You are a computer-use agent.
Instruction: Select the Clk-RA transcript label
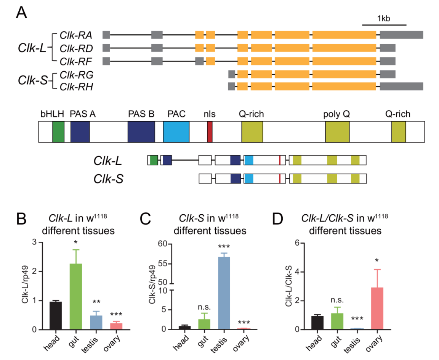(76, 35)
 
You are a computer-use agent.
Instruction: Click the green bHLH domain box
(58, 132)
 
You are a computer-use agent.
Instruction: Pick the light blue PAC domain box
(176, 132)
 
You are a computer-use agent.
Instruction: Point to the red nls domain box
(210, 132)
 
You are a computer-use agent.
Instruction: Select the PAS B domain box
(141, 132)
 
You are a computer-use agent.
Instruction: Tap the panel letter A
(22, 14)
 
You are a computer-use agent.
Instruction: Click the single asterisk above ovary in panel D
(377, 260)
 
